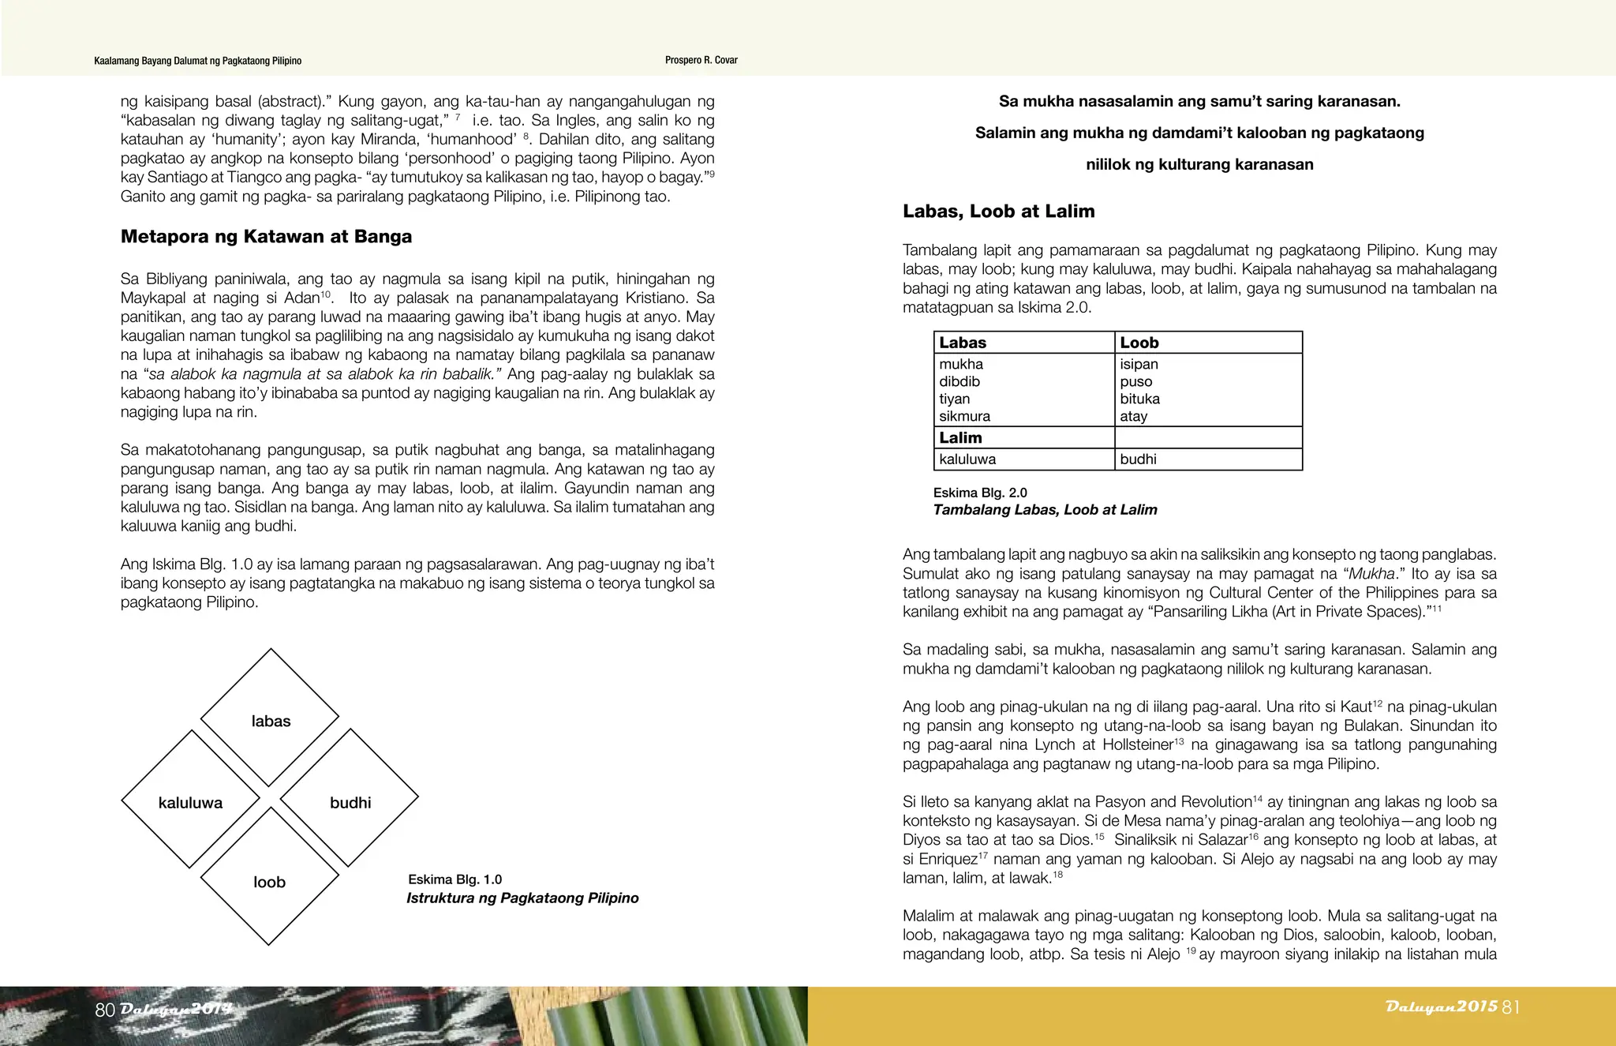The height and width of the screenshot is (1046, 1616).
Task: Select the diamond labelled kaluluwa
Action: pos(190,800)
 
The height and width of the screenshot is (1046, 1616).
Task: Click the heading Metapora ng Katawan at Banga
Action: pos(266,237)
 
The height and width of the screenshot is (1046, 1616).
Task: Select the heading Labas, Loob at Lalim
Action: pos(998,212)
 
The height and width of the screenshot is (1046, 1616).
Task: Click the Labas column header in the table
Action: pos(963,343)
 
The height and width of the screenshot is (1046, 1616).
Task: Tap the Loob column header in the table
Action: pos(1139,343)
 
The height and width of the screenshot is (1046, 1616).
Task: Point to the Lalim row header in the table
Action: pos(960,437)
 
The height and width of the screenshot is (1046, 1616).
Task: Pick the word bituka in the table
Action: pos(1139,399)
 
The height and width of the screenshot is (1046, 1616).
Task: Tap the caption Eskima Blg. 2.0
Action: pos(979,493)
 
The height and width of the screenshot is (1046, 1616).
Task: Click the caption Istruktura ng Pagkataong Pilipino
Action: pos(522,898)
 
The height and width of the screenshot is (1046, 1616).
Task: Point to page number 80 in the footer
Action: pos(105,1010)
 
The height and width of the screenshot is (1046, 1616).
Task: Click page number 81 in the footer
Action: pos(1510,1007)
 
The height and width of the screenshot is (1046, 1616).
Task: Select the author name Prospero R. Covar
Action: pos(701,60)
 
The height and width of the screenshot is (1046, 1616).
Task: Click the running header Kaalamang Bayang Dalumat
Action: pos(197,61)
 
